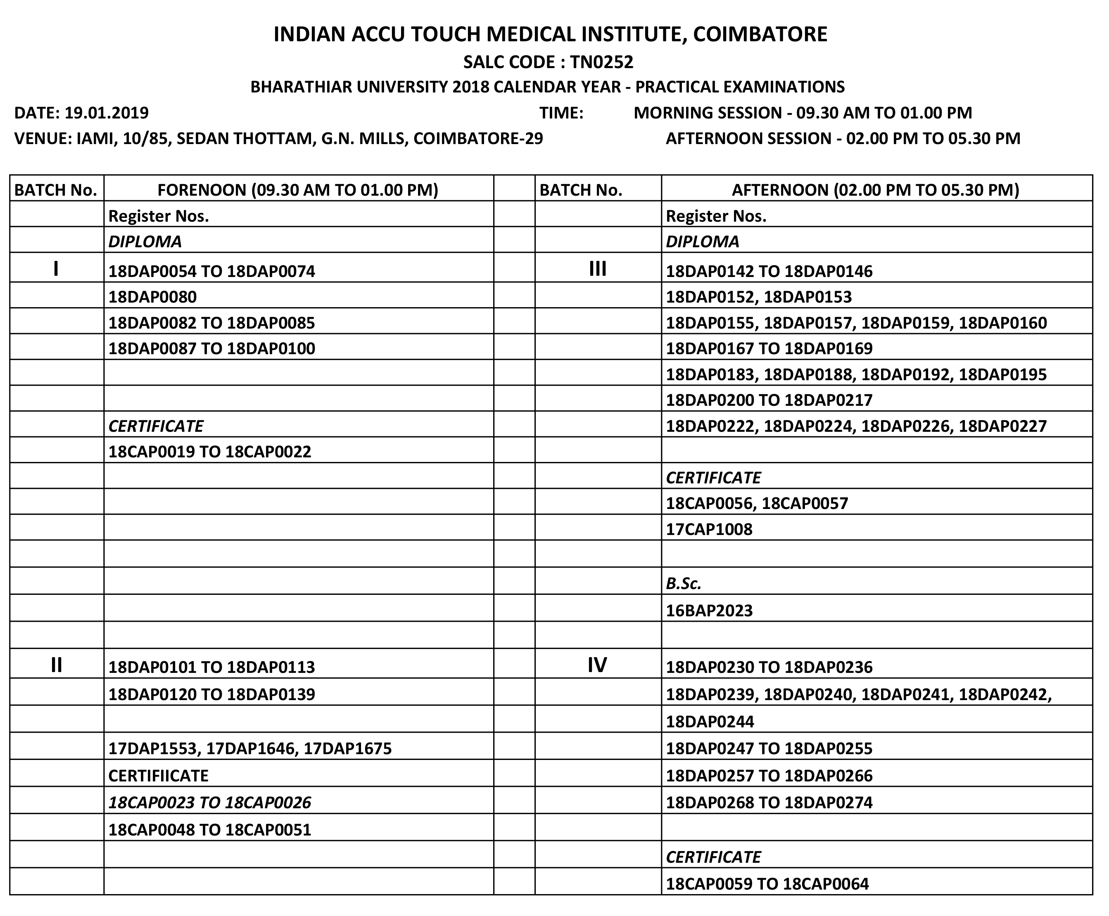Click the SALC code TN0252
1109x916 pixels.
click(601, 62)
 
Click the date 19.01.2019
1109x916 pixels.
click(106, 113)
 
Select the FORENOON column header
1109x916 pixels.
click(298, 190)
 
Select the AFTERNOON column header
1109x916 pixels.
click(875, 190)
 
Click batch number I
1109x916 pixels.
click(56, 270)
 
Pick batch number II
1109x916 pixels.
click(56, 665)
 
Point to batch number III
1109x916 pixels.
click(598, 270)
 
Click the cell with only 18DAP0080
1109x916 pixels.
click(152, 297)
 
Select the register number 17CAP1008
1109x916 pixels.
click(709, 529)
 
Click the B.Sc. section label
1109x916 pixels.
click(683, 584)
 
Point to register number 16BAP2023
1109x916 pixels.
click(709, 611)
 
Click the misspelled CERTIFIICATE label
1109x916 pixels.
click(158, 776)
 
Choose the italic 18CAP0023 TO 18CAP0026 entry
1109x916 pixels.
click(209, 802)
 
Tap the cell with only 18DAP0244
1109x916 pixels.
click(710, 721)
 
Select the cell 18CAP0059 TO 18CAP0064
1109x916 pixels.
click(767, 884)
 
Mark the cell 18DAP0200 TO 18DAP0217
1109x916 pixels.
click(769, 400)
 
